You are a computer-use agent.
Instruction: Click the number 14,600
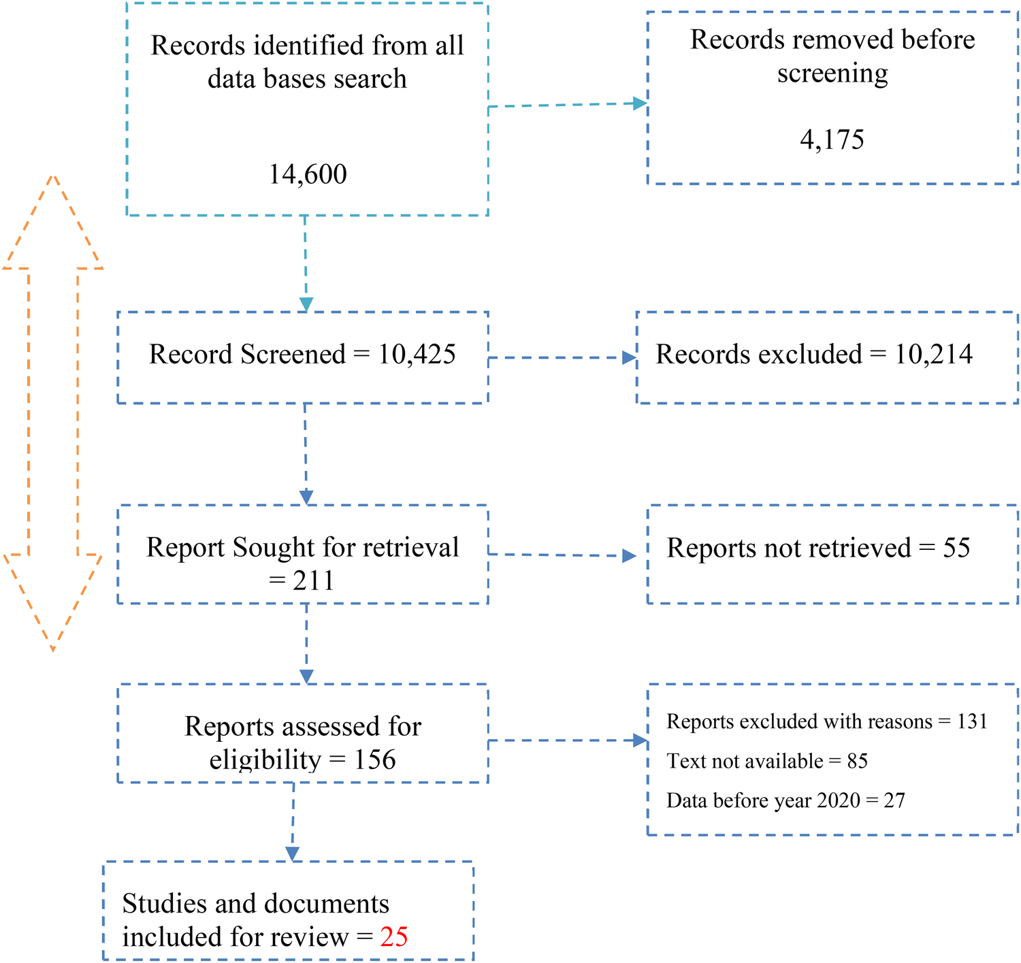click(307, 175)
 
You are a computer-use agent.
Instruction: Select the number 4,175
click(832, 140)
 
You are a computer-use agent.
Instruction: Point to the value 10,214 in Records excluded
click(933, 355)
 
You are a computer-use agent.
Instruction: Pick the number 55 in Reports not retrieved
click(956, 548)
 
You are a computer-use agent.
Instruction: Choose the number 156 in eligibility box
click(374, 760)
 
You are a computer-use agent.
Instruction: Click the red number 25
click(394, 937)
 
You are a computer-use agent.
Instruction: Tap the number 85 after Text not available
click(858, 761)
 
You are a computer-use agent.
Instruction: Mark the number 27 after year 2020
click(894, 800)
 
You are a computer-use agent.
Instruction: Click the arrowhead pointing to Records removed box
click(640, 103)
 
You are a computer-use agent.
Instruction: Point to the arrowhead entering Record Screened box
click(306, 304)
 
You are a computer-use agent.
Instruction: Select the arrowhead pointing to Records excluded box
click(629, 358)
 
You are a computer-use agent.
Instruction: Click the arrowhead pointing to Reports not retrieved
click(629, 556)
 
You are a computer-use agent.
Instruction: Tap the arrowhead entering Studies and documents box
click(293, 853)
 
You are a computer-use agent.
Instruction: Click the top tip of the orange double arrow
click(52, 178)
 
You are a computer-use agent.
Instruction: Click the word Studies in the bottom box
click(163, 904)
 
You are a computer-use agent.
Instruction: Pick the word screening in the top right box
click(832, 74)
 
